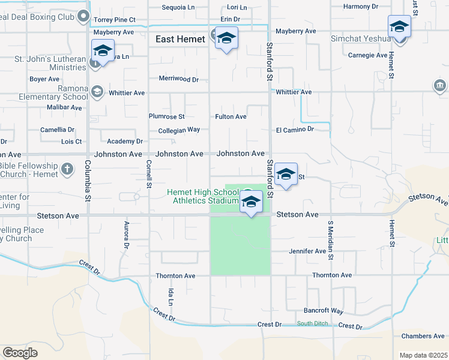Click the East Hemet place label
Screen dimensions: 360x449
[180, 40]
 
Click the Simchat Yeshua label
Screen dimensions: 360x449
[361, 39]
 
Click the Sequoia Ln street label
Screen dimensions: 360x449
[179, 8]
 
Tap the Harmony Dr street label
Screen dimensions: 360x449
[361, 7]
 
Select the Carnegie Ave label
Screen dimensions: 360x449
[368, 55]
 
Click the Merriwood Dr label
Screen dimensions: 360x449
[178, 79]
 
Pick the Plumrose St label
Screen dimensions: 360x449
[167, 116]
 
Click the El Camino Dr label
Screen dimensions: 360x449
[295, 129]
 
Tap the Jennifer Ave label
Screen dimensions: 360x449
[307, 251]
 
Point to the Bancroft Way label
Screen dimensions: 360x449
[324, 311]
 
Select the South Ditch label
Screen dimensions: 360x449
[312, 324]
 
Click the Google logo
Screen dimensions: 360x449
[20, 353]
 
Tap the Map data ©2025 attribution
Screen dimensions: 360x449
[423, 355]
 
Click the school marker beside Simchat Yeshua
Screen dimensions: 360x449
[399, 28]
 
